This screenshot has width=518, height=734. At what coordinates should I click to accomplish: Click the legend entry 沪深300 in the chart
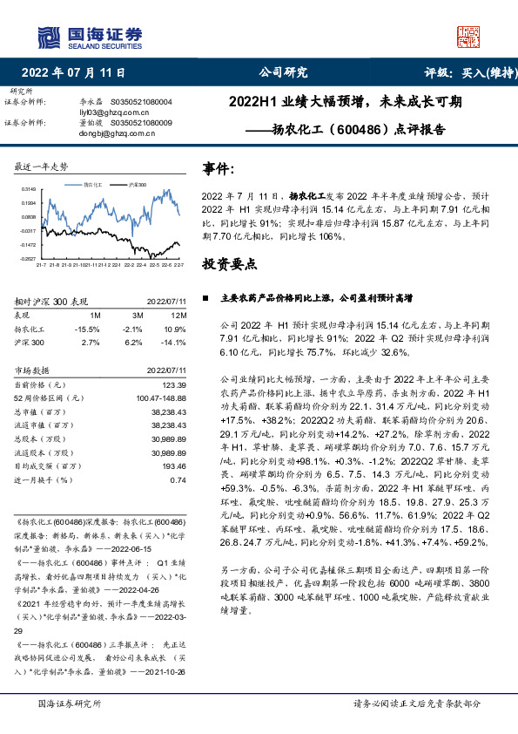click(x=138, y=186)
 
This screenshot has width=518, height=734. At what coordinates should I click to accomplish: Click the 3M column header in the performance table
click(x=137, y=314)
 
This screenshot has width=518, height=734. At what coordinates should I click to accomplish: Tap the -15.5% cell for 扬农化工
click(x=89, y=330)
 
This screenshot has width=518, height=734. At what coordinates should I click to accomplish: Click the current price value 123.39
click(x=174, y=384)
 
